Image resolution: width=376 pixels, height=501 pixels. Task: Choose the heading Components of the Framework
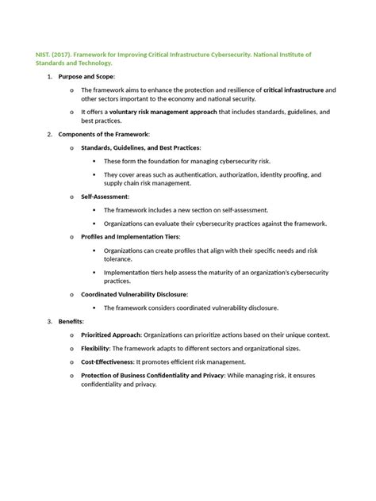[x=102, y=135]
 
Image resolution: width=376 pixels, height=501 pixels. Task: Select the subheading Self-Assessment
[x=106, y=196]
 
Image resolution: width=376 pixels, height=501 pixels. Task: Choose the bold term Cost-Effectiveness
[x=118, y=362]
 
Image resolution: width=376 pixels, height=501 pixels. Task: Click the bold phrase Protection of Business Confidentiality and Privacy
[x=153, y=376]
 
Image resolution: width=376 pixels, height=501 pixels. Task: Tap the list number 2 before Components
[x=49, y=135]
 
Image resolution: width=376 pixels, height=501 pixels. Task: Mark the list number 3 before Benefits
[x=49, y=322]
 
